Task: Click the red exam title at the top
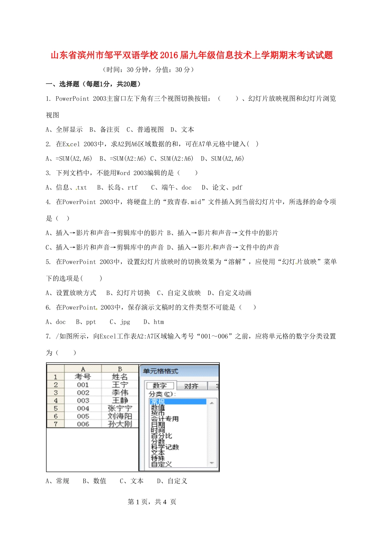point(191,55)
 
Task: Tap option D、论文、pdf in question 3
point(222,188)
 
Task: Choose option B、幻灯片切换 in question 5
point(128,293)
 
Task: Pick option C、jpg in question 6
point(120,322)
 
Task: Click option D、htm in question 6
point(154,322)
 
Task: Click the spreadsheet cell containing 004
point(83,408)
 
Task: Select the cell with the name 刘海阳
point(120,416)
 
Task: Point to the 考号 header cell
point(83,377)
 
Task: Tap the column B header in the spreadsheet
point(120,369)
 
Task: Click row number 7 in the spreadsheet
point(56,424)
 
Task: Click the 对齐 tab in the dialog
point(191,386)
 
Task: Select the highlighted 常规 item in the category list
point(158,402)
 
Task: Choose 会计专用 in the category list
point(164,419)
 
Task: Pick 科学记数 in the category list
point(164,447)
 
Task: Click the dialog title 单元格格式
point(160,371)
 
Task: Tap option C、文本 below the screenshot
point(131,481)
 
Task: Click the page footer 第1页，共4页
point(152,502)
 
